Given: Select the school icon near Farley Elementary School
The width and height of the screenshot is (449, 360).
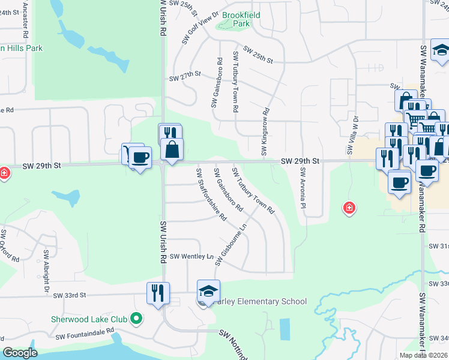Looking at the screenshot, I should click(x=208, y=292).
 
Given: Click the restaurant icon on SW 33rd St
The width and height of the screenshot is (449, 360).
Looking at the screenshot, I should click(x=158, y=293).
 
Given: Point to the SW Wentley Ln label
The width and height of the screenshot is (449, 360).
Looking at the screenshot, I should click(x=191, y=257).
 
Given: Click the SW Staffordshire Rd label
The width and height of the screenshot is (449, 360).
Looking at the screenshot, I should click(x=211, y=193).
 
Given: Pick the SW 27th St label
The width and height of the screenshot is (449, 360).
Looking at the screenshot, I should click(x=185, y=78).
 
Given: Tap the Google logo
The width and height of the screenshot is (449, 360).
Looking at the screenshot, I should click(x=20, y=353).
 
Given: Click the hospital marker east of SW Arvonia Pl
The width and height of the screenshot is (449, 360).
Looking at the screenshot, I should click(x=348, y=208).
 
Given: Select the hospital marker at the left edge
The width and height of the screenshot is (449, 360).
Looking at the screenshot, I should click(x=4, y=173).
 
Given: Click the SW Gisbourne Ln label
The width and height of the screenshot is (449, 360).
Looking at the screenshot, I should click(x=234, y=246).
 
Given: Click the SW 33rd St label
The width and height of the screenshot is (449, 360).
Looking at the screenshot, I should click(x=70, y=295).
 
